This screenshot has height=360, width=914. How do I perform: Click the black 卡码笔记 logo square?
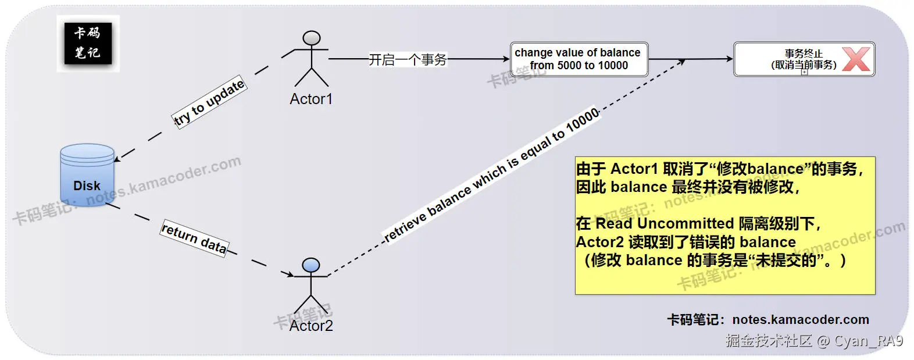tap(88, 43)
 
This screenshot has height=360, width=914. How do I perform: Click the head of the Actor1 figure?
tap(312, 38)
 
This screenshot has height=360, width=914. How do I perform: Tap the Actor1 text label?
tap(311, 99)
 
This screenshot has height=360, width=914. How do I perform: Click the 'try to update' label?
tap(210, 102)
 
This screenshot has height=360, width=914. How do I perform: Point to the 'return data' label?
tap(194, 238)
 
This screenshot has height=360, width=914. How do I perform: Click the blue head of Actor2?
tap(311, 265)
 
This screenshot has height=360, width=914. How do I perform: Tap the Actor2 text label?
tap(311, 326)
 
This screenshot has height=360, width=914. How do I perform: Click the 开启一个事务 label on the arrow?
tap(408, 59)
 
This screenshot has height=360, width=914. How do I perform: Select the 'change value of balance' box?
tap(579, 59)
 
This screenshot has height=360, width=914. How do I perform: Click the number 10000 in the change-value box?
tap(613, 66)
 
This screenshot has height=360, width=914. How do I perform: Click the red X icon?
tap(856, 59)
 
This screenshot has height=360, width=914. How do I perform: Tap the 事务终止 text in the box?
tap(804, 54)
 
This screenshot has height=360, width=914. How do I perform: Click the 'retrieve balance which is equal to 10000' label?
tap(492, 174)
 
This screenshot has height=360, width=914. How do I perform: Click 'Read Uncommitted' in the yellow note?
tap(665, 223)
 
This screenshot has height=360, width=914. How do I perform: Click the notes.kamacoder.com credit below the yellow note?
tap(801, 319)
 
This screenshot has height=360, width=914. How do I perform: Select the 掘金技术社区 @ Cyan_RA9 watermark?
tap(814, 341)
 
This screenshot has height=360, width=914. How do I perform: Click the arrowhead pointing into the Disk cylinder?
tap(117, 158)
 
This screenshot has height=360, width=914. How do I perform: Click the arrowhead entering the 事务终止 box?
tap(729, 59)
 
